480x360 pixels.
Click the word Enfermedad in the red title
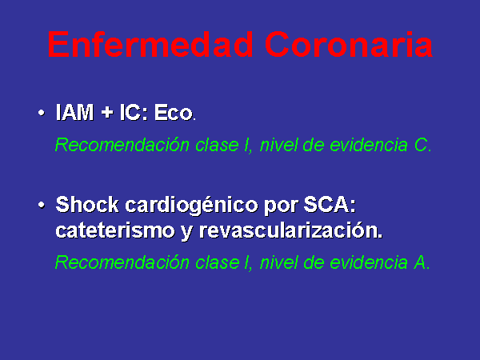pos(150,44)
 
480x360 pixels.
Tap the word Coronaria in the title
pos(349,44)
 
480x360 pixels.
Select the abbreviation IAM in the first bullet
pos(74,112)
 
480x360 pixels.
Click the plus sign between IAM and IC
pos(107,112)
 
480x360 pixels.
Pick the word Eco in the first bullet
pos(174,112)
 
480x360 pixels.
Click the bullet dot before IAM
pos(42,113)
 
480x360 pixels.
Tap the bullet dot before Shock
pos(42,205)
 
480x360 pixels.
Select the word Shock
pos(87,204)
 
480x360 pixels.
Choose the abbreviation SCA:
pos(330,204)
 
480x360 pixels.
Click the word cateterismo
pos(115,230)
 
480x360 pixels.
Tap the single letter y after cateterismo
pos(186,232)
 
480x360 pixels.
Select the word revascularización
pos(291,230)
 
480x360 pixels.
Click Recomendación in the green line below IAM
pos(122,145)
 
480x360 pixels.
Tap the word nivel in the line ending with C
pos(278,145)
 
